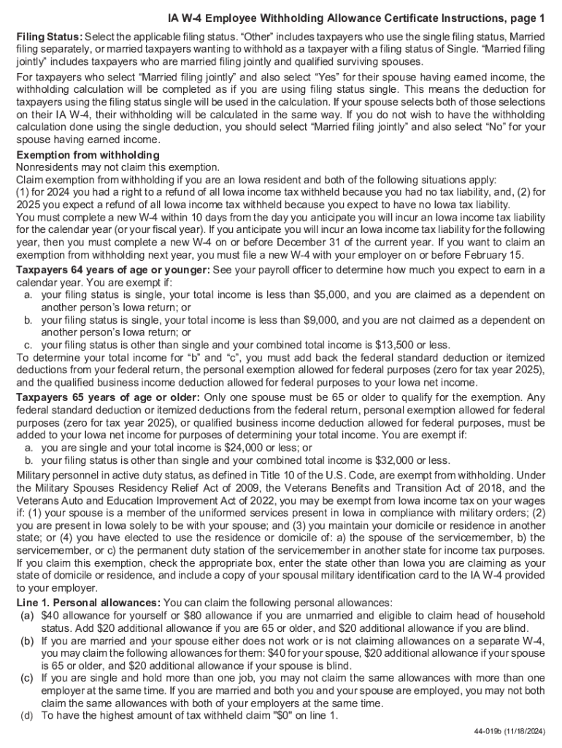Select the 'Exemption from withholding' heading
88,156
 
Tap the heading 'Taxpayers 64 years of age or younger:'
113,270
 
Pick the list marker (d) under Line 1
28,716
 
